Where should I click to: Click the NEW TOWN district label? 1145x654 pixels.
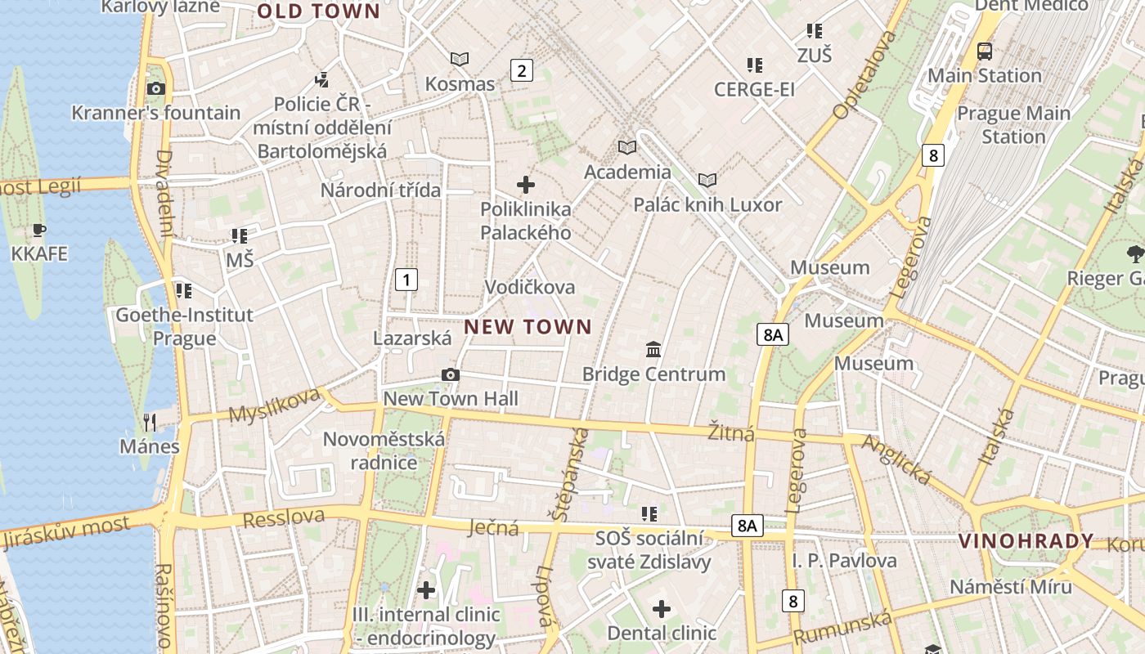coord(528,327)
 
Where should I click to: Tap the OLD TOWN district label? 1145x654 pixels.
coord(318,11)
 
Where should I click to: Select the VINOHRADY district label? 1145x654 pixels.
coord(1026,541)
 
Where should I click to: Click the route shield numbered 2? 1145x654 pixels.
coord(521,70)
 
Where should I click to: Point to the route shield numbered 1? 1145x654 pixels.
coord(406,280)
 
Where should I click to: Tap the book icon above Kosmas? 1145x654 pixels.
coord(460,59)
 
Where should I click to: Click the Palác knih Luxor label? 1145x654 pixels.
coord(707,204)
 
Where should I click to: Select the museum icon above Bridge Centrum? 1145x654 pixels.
coord(653,350)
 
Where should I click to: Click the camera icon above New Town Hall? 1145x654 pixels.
coord(450,374)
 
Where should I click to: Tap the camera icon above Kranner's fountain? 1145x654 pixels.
coord(155,88)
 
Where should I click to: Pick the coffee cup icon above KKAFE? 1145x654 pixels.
coord(38,230)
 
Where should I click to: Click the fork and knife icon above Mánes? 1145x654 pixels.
coord(150,422)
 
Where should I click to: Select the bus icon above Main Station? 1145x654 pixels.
coord(985,52)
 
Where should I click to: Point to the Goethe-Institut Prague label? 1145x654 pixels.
coord(184,326)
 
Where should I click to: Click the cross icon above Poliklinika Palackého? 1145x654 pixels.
coord(525,185)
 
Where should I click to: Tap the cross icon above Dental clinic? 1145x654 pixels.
coord(662,609)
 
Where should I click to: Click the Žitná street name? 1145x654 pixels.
coord(731,432)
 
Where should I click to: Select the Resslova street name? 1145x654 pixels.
coord(283,517)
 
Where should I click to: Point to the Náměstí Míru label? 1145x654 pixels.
coord(1010,587)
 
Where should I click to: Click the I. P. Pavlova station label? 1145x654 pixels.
coord(844,561)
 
